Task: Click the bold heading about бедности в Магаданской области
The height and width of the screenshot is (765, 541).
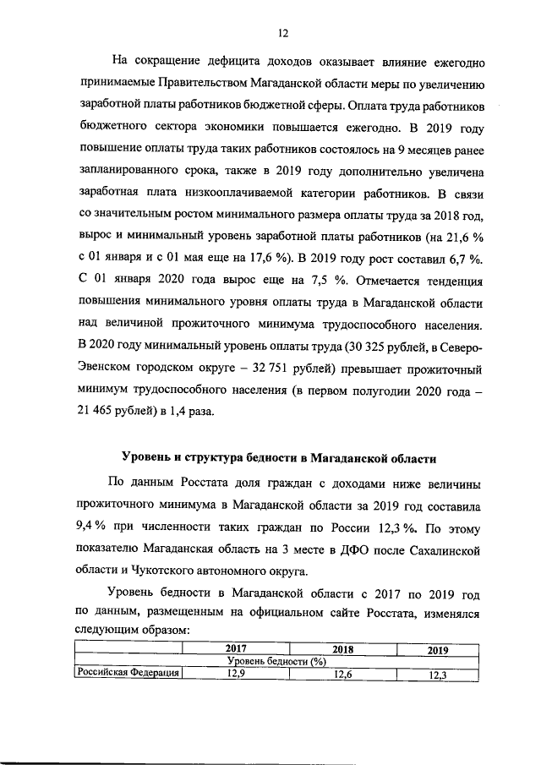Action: pos(278,458)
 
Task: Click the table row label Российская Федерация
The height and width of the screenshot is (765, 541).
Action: pos(128,674)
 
